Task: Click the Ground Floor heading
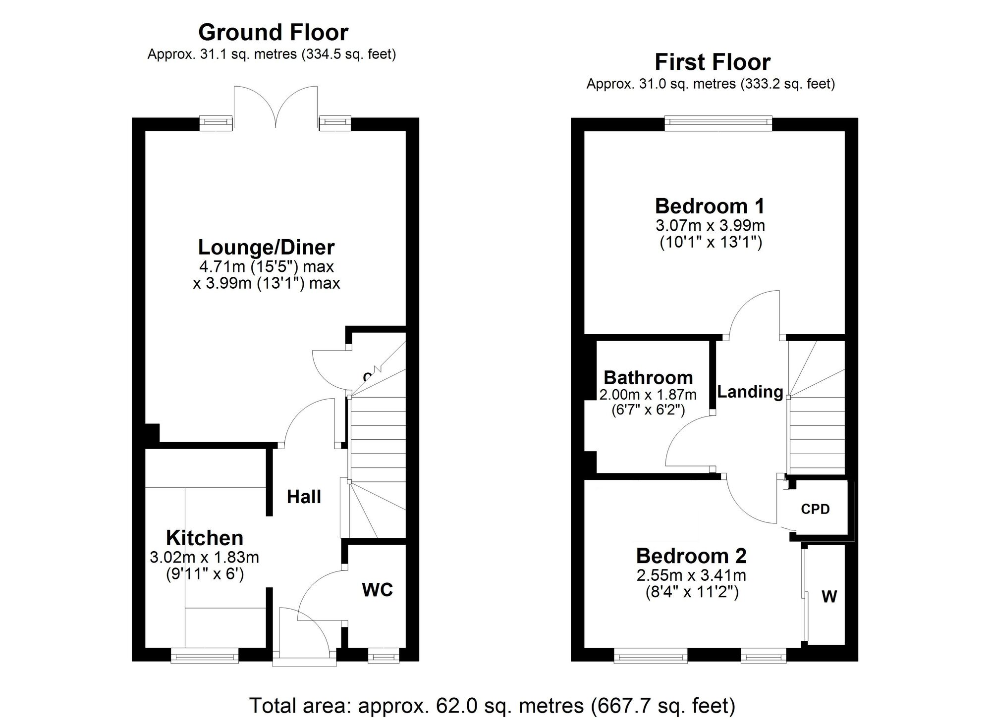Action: (273, 33)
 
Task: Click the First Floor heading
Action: (713, 62)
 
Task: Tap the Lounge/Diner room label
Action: (266, 247)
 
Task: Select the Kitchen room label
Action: (205, 538)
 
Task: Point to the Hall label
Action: (304, 497)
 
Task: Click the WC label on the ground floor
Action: (377, 590)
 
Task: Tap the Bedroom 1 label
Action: (710, 206)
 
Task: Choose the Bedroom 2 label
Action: (691, 556)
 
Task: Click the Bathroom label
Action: (648, 378)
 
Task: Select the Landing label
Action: (750, 392)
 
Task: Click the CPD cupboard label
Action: (815, 509)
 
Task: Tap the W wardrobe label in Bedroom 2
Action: (829, 597)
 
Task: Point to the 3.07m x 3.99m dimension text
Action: (710, 226)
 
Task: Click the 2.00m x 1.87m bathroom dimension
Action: (648, 395)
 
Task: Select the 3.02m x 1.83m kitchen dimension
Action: (204, 558)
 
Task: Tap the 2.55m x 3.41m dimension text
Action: (691, 575)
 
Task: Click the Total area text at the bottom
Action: (492, 705)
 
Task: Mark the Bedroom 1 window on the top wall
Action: (718, 122)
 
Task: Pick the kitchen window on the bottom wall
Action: (205, 657)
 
